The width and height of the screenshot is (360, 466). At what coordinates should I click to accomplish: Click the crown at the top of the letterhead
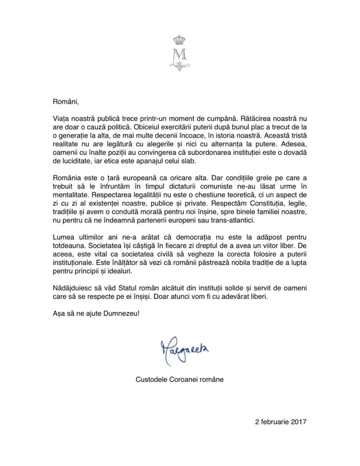pos(180,40)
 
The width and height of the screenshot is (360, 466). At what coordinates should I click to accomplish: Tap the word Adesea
pos(295,144)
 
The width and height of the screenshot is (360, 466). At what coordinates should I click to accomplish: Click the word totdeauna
pos(69,246)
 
